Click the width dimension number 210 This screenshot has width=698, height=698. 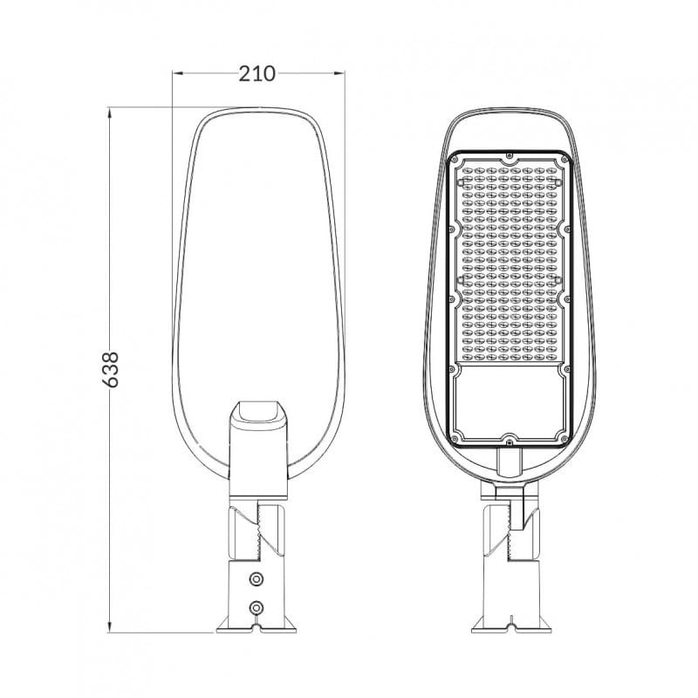coord(257,73)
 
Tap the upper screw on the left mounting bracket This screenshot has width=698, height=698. coord(256,578)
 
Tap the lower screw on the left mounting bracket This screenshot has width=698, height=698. coord(256,606)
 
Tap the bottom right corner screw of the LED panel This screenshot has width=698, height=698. coord(564,433)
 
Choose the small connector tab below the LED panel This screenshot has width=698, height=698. coord(509,459)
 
